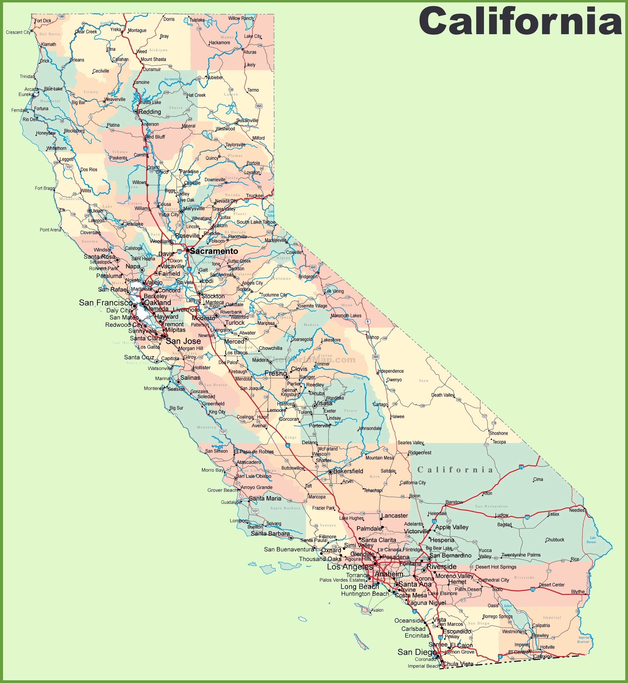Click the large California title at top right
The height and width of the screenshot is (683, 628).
pyautogui.click(x=520, y=21)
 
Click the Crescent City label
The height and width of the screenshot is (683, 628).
pyautogui.click(x=18, y=32)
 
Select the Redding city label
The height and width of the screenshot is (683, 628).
pyautogui.click(x=150, y=112)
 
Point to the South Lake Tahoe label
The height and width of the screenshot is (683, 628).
pyautogui.click(x=256, y=222)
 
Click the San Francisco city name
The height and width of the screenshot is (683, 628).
pyautogui.click(x=106, y=302)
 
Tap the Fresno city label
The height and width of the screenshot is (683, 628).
pyautogui.click(x=276, y=373)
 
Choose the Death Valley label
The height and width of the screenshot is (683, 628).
pyautogui.click(x=442, y=395)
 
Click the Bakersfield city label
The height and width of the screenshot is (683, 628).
pyautogui.click(x=348, y=471)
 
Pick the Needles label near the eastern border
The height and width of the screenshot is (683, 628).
pyautogui.click(x=577, y=510)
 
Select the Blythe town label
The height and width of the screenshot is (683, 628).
pyautogui.click(x=578, y=592)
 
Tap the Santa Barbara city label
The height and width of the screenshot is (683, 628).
pyautogui.click(x=270, y=534)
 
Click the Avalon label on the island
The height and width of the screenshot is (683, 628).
pyautogui.click(x=377, y=610)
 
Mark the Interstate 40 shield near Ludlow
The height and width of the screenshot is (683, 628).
pyautogui.click(x=527, y=517)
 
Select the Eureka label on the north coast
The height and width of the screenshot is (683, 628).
pyautogui.click(x=26, y=94)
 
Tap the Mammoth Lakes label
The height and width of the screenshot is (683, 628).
pyautogui.click(x=346, y=316)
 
